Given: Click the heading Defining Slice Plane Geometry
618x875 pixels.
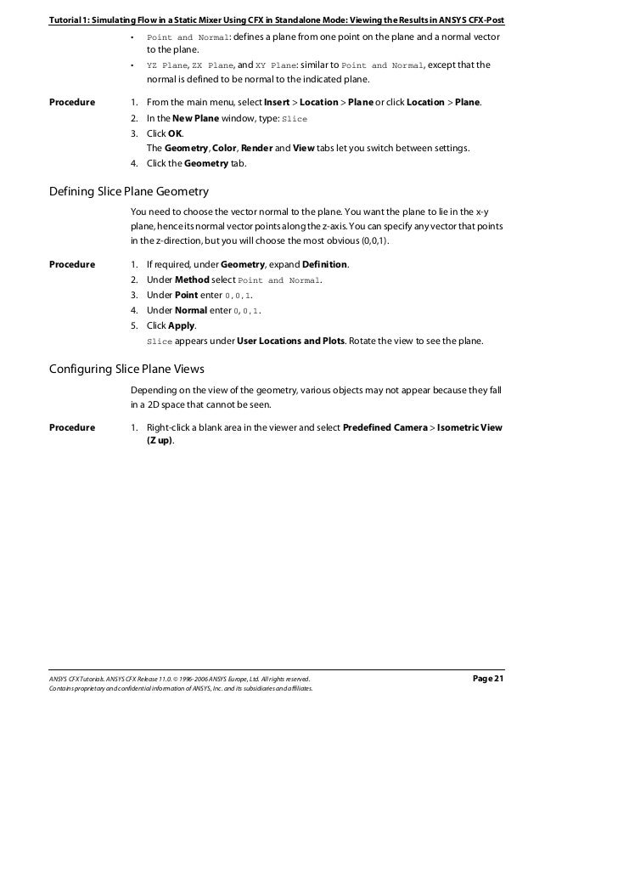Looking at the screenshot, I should tap(129, 191).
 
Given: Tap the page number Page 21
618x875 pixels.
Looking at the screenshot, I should tap(487, 678).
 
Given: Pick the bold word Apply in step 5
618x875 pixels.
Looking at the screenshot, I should tap(182, 325).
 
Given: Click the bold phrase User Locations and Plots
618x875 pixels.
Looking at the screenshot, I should tap(289, 341).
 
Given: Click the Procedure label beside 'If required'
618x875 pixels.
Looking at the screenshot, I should tap(72, 264).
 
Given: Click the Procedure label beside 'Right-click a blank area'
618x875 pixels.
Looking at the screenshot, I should tap(72, 427).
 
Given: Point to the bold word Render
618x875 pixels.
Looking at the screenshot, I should tap(256, 148).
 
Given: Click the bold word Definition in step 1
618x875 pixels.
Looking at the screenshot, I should tap(324, 264).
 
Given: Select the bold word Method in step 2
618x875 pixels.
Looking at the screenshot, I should tap(192, 279).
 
